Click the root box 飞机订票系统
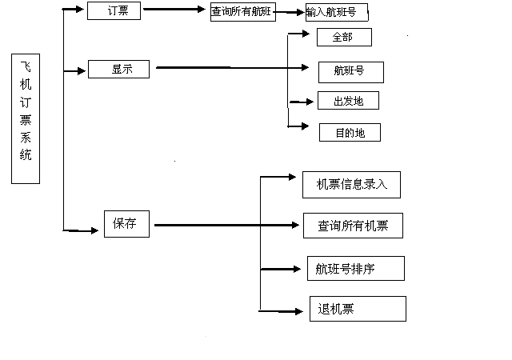pos(26,119)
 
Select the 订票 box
pos(113,11)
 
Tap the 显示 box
pos(118,69)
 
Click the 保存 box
pos(127,224)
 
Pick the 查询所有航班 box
pos(242,13)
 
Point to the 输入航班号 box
pos(336,12)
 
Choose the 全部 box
pos(344,37)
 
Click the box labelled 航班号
pos(350,71)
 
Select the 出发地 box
pos(347,101)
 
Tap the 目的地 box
pos(349,133)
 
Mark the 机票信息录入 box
pos(351,185)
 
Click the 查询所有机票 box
pos(352,226)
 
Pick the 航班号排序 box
pos(355,269)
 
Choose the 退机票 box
pos(357,309)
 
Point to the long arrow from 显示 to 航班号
pos(232,68)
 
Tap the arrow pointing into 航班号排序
pos(280,270)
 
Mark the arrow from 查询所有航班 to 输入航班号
pos(289,12)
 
